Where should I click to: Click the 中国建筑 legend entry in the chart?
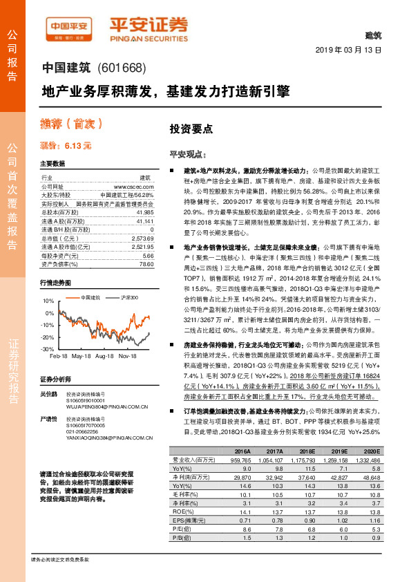(90, 297)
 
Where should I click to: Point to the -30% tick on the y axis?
(48, 350)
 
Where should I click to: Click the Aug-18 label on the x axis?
(105, 357)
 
